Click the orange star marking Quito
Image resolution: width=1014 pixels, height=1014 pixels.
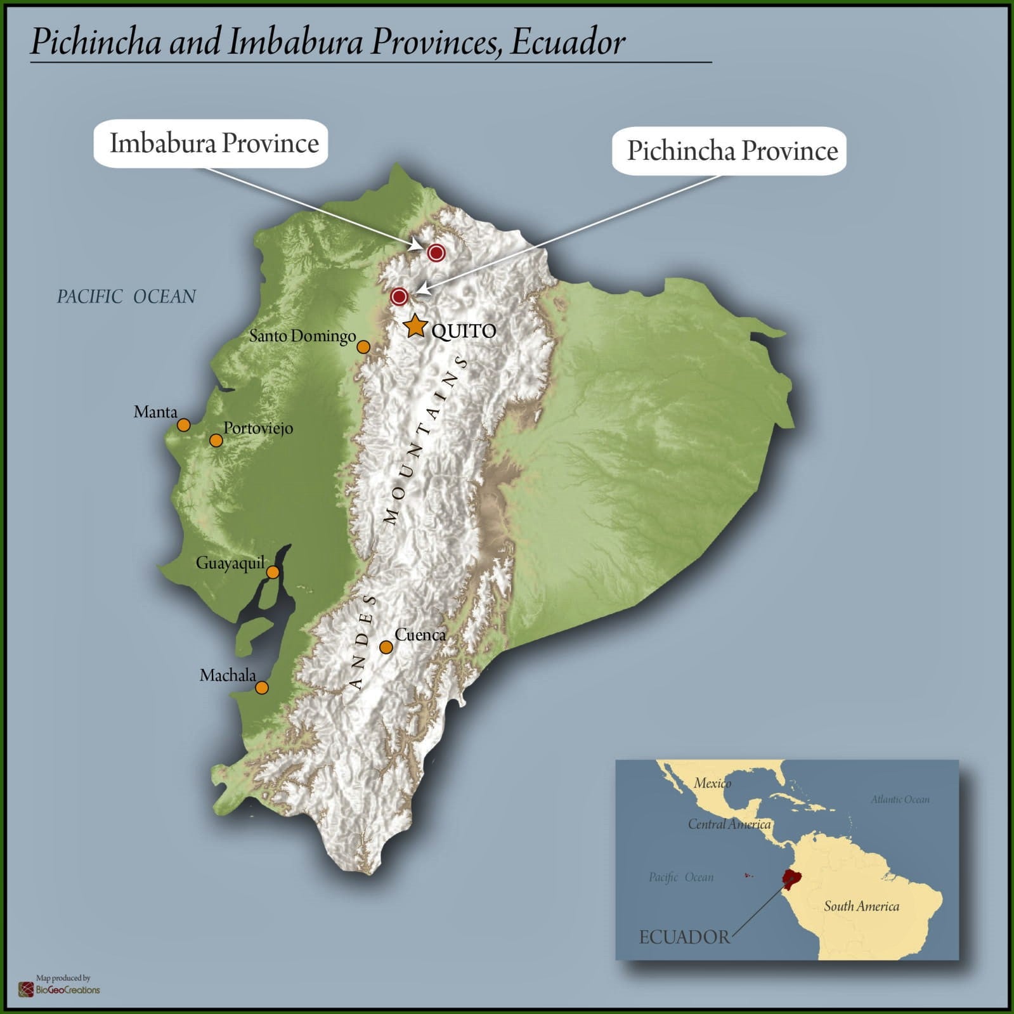[415, 326]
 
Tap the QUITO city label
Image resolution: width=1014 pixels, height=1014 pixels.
[464, 331]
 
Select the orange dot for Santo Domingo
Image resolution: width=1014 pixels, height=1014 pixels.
[363, 347]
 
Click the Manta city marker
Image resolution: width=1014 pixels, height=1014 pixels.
[183, 425]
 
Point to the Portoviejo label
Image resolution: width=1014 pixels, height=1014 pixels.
[258, 428]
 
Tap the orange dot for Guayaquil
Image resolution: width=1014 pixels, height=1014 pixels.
[273, 573]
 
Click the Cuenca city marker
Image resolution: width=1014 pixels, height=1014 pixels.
[386, 647]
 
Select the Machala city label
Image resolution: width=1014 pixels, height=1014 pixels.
[228, 675]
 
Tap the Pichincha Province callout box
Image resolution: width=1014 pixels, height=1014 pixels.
[729, 151]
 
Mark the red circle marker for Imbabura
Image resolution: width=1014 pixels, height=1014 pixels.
[436, 253]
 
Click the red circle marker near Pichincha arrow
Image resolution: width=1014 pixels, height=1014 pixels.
[399, 296]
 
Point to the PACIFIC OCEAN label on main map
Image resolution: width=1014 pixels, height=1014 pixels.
[126, 297]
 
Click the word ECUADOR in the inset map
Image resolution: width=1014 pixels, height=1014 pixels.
[684, 937]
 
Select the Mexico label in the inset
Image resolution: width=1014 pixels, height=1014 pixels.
[712, 783]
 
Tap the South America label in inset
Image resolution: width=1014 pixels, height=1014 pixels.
[861, 906]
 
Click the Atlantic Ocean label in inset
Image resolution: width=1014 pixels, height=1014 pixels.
[900, 800]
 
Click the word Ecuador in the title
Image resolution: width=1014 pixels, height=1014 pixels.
[568, 42]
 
